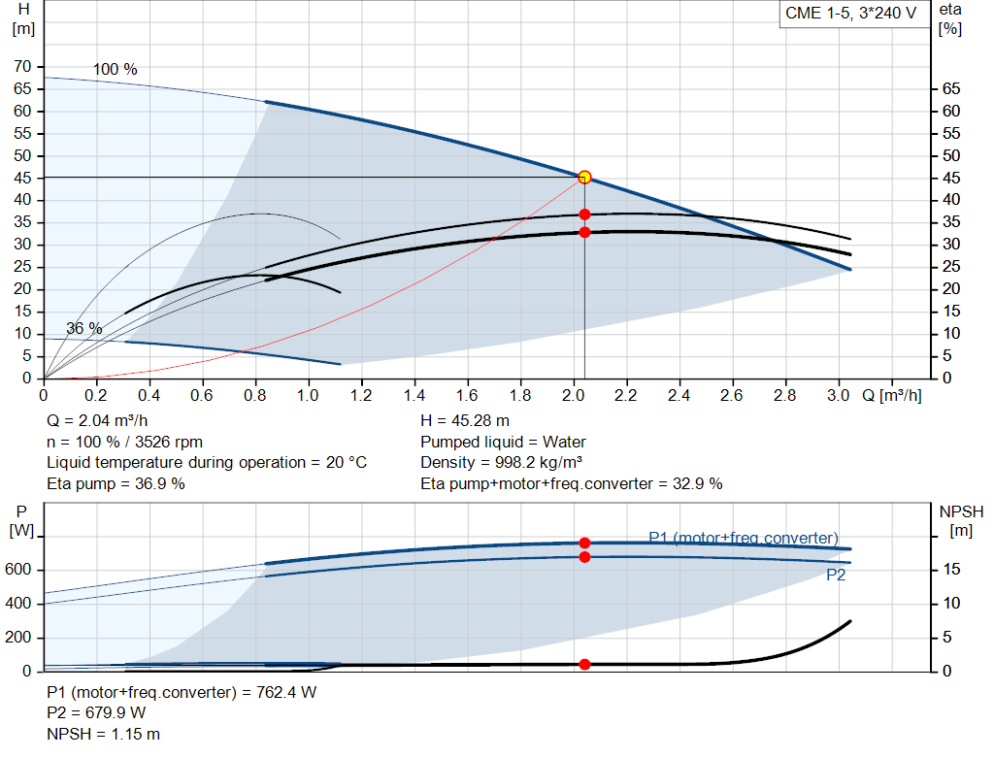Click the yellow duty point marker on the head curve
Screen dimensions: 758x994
584,177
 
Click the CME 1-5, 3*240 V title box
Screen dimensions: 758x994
851,14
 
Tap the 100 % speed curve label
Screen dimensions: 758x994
116,70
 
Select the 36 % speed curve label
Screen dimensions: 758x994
84,329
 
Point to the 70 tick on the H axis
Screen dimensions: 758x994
21,67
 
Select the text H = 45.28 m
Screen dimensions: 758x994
465,421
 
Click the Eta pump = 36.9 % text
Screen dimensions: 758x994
116,483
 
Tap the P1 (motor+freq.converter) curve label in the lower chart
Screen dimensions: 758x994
743,538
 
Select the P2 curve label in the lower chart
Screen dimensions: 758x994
836,576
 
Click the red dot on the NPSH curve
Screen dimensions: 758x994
584,664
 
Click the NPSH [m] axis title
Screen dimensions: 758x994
961,520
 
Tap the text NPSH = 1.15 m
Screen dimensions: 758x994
104,734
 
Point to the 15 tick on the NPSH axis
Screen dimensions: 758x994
953,570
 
